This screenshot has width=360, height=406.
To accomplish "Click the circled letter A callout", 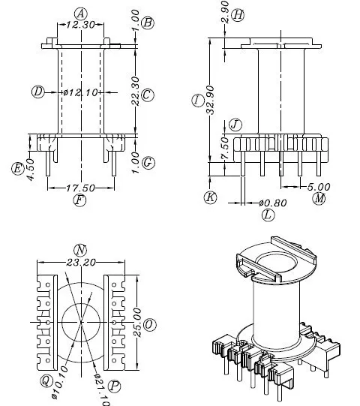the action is point(81,14).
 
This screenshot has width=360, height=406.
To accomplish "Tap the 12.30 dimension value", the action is point(81,25).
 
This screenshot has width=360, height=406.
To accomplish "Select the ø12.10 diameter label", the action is point(81,92).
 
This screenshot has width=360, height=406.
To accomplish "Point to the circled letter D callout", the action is point(38,92).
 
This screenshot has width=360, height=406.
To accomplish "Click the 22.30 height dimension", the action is point(135,91).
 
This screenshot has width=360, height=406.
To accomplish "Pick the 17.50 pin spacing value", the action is point(80,188).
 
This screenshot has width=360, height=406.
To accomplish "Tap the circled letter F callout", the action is point(79,200).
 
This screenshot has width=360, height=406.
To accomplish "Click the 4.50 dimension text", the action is point(30,170).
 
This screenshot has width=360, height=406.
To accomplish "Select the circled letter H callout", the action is point(238,14).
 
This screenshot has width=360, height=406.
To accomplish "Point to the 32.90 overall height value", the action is point(211,100).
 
